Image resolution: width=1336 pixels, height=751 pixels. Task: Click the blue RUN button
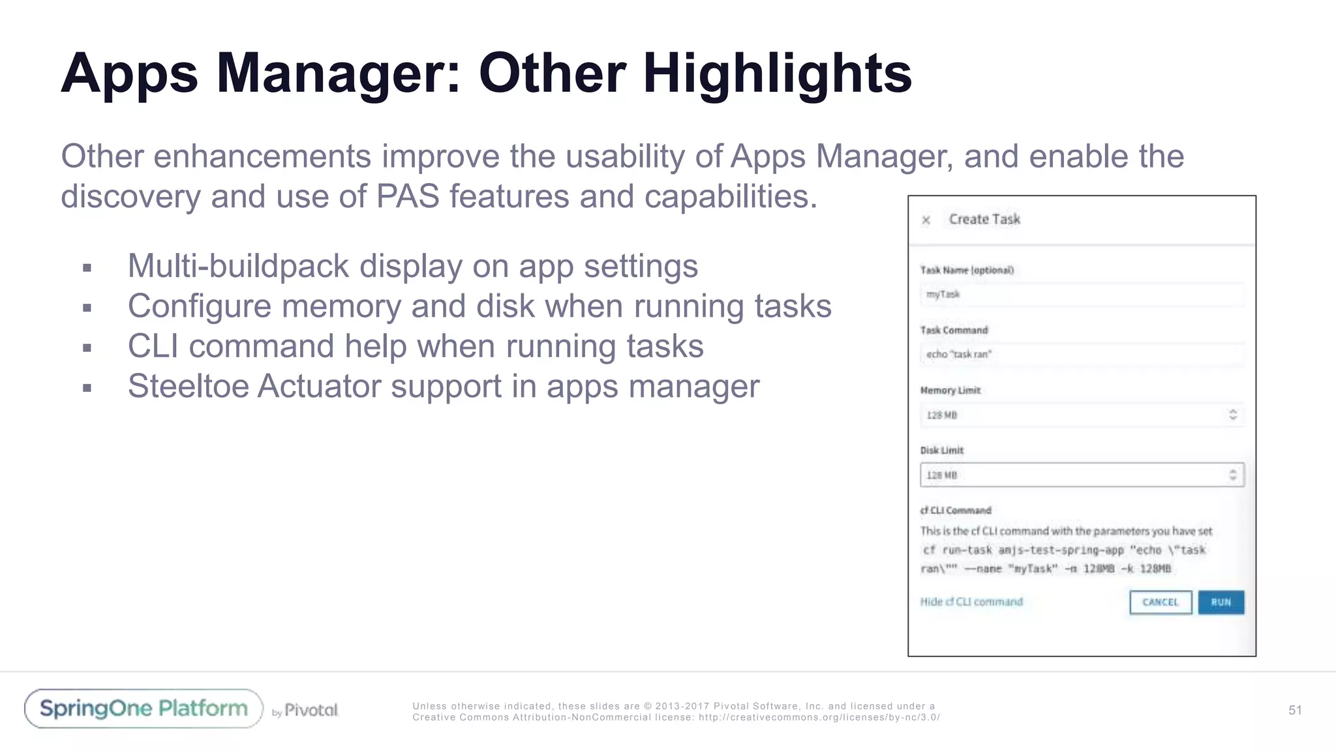pyautogui.click(x=1221, y=602)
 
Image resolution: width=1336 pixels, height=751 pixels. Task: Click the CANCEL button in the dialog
pyautogui.click(x=1161, y=602)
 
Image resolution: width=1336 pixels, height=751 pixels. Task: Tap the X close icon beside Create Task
pyautogui.click(x=926, y=220)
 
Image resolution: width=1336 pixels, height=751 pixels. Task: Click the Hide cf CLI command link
pyautogui.click(x=971, y=602)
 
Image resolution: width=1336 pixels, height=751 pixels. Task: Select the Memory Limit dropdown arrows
pyautogui.click(x=1232, y=415)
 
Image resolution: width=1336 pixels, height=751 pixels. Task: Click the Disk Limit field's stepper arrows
pyautogui.click(x=1232, y=475)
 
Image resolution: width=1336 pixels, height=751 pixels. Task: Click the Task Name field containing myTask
pyautogui.click(x=1082, y=295)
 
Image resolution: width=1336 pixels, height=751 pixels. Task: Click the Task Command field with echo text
pyautogui.click(x=1082, y=355)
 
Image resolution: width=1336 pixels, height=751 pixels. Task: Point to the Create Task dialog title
pyautogui.click(x=984, y=220)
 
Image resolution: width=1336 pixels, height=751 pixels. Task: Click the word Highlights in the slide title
pyautogui.click(x=777, y=73)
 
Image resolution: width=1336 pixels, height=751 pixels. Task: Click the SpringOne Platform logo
pyautogui.click(x=144, y=709)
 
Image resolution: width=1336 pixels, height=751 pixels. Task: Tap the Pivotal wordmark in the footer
pyautogui.click(x=311, y=710)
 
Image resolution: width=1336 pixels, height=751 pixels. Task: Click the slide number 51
pyautogui.click(x=1295, y=710)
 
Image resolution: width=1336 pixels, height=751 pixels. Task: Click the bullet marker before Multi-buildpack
pyautogui.click(x=87, y=268)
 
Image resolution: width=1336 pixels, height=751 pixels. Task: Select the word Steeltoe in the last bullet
pyautogui.click(x=189, y=386)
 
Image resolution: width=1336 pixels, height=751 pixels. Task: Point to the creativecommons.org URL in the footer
pyautogui.click(x=819, y=717)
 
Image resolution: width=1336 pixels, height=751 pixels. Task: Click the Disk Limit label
pyautogui.click(x=941, y=450)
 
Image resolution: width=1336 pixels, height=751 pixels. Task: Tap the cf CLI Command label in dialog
pyautogui.click(x=956, y=510)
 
